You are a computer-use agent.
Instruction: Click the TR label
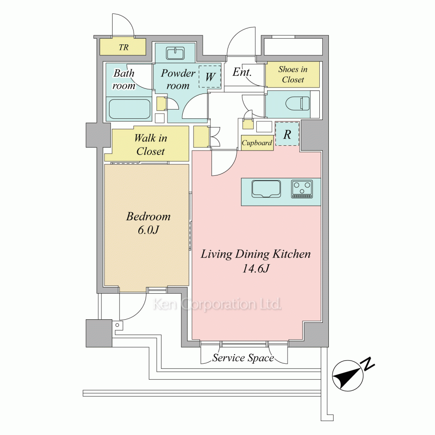[x=124, y=47]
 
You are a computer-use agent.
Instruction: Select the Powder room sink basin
[x=175, y=53]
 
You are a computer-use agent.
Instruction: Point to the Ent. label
[x=242, y=72]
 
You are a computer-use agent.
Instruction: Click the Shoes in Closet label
[x=293, y=74]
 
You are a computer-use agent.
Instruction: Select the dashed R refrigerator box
[x=287, y=134]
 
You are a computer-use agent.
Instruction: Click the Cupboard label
[x=257, y=143]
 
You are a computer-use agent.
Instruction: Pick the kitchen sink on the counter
[x=266, y=189]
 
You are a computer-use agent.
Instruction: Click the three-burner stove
[x=302, y=189]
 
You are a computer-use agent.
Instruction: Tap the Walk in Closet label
[x=151, y=144]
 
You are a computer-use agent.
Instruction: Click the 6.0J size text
[x=148, y=230]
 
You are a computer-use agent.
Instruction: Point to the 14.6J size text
[x=256, y=268]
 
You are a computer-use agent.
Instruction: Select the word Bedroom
[x=148, y=216]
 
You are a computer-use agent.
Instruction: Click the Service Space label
[x=243, y=358]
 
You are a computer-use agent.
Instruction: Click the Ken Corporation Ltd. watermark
[x=217, y=304]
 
